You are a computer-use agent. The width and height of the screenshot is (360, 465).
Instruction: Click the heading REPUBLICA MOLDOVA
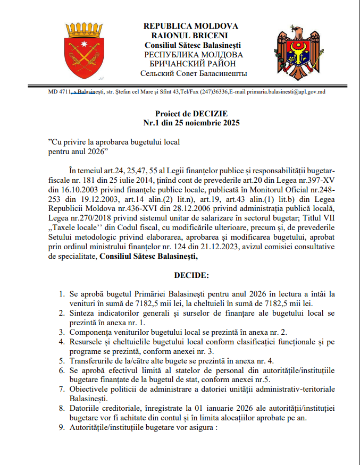click(x=191, y=26)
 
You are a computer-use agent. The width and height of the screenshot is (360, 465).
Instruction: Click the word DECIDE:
click(x=191, y=276)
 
